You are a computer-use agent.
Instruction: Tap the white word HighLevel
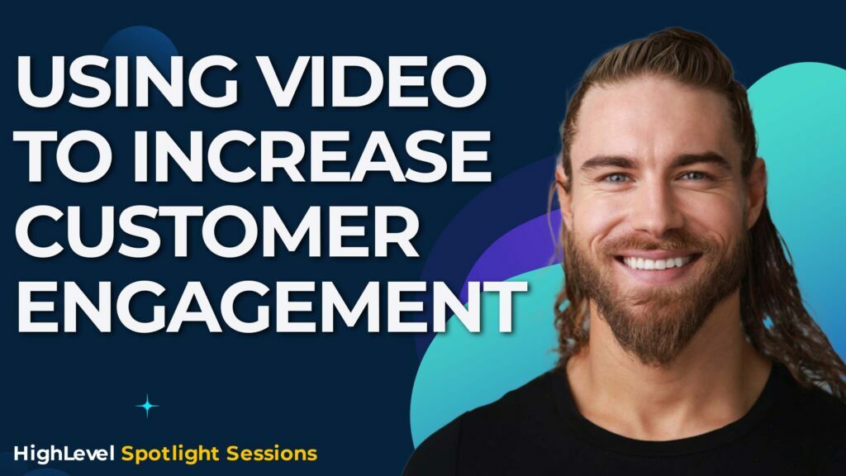[x=64, y=453]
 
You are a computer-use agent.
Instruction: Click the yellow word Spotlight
[x=162, y=454]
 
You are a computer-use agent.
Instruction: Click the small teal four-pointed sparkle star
[x=148, y=405]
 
